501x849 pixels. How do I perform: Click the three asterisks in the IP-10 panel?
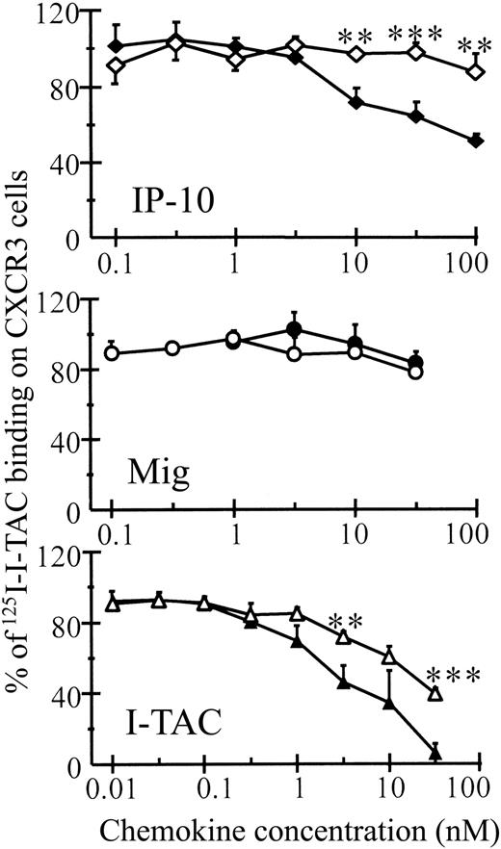(x=415, y=37)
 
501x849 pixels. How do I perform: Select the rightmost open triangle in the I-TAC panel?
(x=435, y=693)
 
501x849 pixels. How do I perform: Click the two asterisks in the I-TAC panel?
(x=345, y=621)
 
